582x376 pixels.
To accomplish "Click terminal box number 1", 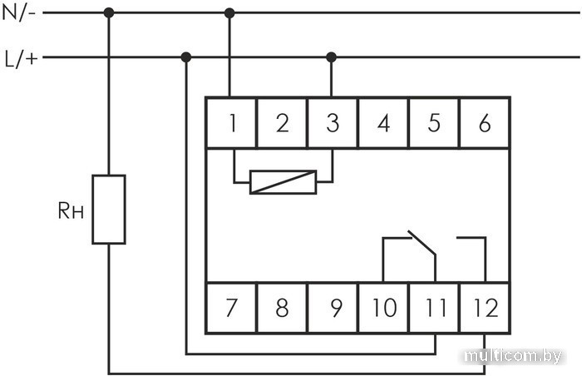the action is click(x=231, y=123).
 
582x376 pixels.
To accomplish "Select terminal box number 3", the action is click(x=333, y=123).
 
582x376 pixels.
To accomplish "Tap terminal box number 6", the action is click(x=485, y=123).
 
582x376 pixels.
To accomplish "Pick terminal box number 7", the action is click(x=231, y=308).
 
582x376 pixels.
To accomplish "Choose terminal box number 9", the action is click(x=333, y=308).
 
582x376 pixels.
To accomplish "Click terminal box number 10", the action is click(x=383, y=308).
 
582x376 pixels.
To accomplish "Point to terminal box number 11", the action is click(x=434, y=308).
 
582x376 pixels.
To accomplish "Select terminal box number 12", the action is click(x=485, y=308).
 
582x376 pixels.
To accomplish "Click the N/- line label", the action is click(x=18, y=13).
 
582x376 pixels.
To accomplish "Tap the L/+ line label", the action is click(x=21, y=59).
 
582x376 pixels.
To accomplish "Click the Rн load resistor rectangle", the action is click(x=109, y=209).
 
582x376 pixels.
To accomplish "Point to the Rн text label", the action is click(x=71, y=210).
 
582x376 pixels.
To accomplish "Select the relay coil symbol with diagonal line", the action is click(x=284, y=182).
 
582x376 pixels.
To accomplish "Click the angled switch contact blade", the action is click(x=422, y=243).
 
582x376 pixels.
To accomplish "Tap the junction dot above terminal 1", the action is click(x=229, y=13).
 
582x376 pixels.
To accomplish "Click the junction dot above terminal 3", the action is click(x=332, y=57).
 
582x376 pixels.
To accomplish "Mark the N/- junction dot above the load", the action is click(x=109, y=13).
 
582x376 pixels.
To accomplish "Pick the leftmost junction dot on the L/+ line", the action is click(x=186, y=57).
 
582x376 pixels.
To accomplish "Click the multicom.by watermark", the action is click(x=513, y=356).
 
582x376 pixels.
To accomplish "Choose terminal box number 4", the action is click(x=383, y=123).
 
